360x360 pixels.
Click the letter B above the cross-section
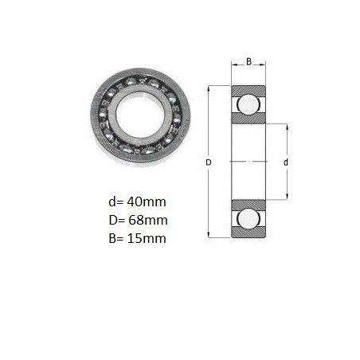(248, 61)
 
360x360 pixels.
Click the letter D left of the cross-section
(209, 162)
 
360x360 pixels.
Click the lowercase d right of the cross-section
(286, 162)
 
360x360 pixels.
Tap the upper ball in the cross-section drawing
(248, 104)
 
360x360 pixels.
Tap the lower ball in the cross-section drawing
(248, 218)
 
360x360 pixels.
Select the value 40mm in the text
(147, 202)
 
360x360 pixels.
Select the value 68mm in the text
(148, 220)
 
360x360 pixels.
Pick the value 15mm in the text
(147, 238)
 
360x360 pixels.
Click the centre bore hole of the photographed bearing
(139, 115)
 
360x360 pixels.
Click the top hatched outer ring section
(248, 91)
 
